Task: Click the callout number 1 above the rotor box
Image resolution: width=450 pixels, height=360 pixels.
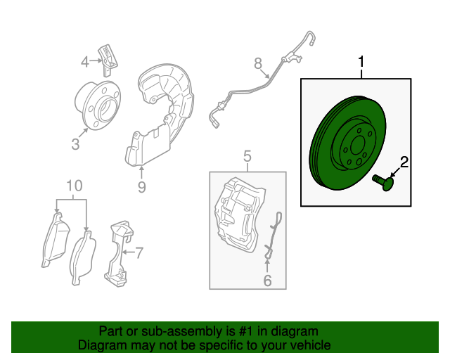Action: tap(361, 62)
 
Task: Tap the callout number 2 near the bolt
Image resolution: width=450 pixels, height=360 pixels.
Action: tap(404, 162)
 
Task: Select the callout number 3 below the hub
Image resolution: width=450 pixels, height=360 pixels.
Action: tap(75, 144)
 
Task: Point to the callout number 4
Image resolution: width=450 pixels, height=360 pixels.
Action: tap(84, 62)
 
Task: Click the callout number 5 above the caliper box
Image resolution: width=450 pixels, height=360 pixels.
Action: tap(247, 157)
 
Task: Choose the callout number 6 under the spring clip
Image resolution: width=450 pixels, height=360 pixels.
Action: tap(267, 281)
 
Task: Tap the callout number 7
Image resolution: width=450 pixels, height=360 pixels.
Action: tap(139, 252)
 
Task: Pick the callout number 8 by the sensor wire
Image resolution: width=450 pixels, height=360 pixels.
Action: tap(258, 63)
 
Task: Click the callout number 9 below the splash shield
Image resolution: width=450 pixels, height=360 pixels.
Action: tap(142, 187)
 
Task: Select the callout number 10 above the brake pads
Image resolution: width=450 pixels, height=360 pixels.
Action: tap(75, 186)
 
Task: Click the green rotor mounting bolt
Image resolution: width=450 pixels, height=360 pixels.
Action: tap(383, 182)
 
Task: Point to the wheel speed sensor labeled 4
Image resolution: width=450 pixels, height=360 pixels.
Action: tap(108, 60)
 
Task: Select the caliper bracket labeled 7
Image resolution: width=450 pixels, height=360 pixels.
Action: tap(118, 254)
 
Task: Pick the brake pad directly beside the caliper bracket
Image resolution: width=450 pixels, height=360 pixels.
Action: tap(82, 258)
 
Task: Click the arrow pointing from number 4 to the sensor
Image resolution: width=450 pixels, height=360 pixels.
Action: tap(95, 61)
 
